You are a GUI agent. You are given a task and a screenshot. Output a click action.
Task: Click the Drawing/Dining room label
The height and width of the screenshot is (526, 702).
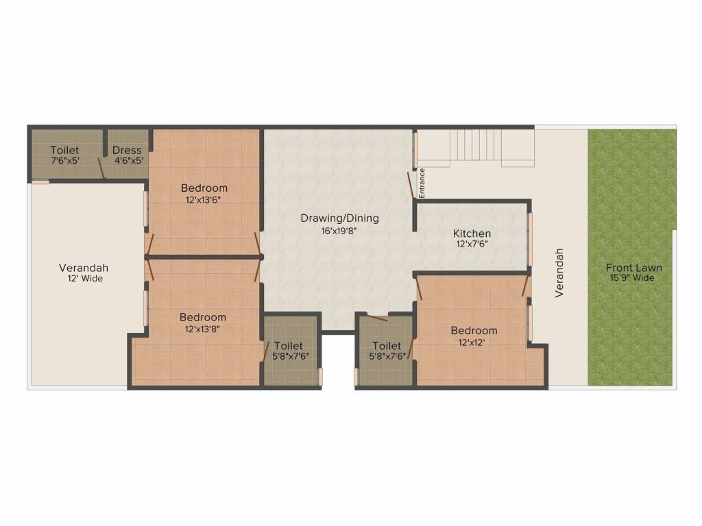339,218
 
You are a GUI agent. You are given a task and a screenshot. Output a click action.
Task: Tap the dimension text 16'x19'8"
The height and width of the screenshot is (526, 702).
339,231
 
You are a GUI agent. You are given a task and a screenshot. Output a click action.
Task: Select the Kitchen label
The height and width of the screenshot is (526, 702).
472,234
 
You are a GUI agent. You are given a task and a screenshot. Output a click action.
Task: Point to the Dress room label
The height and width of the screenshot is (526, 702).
127,151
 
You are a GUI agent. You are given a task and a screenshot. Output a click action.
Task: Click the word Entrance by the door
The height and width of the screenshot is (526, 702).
422,183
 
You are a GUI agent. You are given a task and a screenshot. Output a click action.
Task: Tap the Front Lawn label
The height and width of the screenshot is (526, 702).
633,268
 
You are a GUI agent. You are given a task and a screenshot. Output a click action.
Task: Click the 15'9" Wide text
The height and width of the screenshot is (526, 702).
633,278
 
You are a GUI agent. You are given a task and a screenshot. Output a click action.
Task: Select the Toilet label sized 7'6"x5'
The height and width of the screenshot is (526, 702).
64,151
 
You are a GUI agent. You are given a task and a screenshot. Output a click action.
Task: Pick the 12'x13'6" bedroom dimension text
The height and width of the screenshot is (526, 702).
204,200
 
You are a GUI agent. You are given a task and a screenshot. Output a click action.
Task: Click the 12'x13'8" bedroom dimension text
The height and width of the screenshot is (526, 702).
202,329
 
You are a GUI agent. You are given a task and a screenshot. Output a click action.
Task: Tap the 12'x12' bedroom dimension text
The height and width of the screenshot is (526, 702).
473,342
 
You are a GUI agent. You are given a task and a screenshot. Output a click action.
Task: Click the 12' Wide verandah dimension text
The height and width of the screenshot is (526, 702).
84,279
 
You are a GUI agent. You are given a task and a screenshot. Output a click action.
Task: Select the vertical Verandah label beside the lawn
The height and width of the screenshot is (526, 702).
559,273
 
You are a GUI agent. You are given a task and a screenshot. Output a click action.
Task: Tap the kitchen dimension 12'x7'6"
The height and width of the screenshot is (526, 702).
472,244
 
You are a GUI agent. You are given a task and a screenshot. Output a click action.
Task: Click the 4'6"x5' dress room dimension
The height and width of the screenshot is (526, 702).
128,161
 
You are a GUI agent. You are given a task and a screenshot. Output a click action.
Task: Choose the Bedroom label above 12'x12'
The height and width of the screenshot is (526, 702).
474,331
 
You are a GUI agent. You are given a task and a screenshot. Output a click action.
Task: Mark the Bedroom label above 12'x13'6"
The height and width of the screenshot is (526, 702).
204,188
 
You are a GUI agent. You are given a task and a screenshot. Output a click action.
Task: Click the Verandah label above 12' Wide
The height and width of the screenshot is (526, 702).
84,268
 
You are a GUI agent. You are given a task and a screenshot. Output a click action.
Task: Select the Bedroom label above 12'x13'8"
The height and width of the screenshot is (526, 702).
202,317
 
